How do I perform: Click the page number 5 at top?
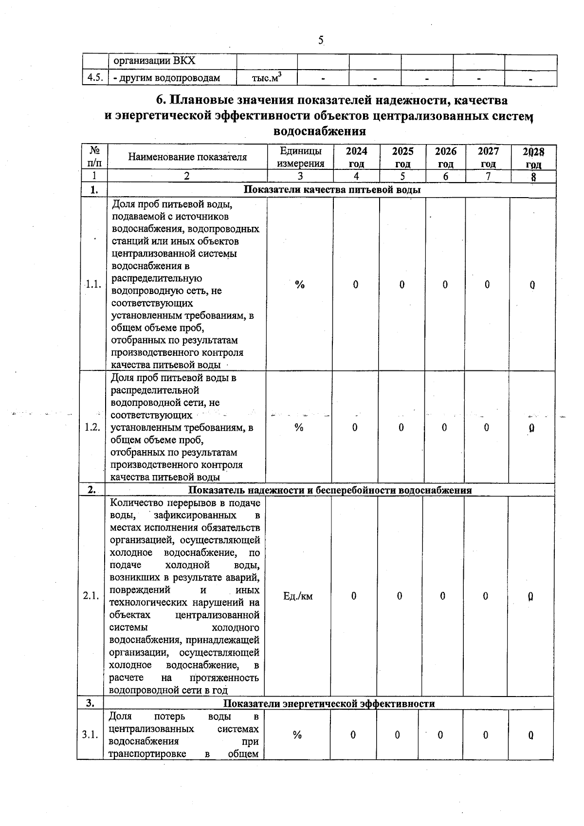321,41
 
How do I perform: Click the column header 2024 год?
356,157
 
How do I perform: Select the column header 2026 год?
445,157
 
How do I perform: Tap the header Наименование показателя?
187,157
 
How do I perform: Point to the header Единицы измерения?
300,157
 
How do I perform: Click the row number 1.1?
93,285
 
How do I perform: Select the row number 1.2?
92,427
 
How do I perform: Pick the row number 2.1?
91,596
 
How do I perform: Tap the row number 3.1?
90,735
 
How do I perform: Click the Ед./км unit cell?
298,596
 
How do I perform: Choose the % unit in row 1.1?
300,285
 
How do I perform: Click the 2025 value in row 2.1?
400,596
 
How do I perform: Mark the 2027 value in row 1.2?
487,427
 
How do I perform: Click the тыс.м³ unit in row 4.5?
267,77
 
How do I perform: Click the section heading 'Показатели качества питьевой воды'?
331,190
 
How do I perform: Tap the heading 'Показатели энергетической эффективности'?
329,703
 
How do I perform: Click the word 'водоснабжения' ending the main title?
320,131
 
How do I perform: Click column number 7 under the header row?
488,176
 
